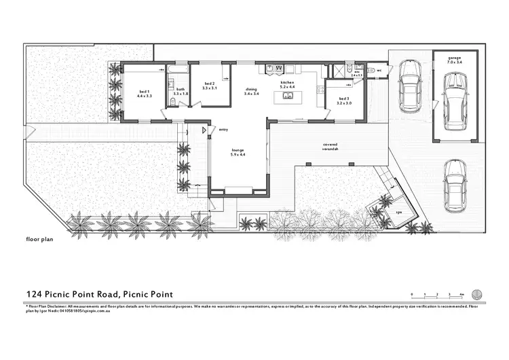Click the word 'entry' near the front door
coord(223,128)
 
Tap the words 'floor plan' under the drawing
coord(40,240)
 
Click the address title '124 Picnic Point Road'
coord(100,294)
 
